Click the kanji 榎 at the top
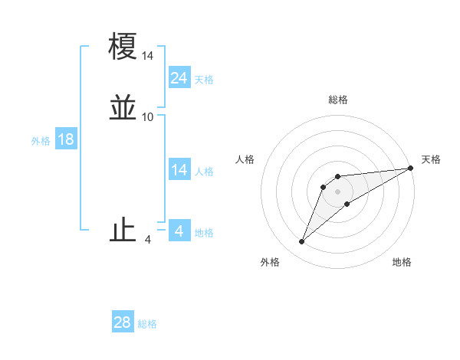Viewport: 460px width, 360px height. pos(123,47)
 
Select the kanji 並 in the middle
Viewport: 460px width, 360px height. pos(123,108)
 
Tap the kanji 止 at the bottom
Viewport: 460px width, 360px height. pos(123,231)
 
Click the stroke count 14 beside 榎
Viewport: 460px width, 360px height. pos(148,56)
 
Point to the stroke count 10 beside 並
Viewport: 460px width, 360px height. pos(148,117)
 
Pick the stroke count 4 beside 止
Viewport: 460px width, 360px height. pos(148,240)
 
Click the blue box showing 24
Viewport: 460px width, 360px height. pos(179,78)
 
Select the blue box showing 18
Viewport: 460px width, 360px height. pos(66,140)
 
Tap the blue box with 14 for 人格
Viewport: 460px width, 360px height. pos(179,171)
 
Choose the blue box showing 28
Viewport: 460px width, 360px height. pos(123,322)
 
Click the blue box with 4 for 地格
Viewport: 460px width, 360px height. pos(179,231)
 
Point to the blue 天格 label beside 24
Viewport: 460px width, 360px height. pos(204,80)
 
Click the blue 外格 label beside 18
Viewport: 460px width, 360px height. pos(41,141)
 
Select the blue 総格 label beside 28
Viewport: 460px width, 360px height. pos(147,324)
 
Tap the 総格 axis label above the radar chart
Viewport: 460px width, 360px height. pos(338,100)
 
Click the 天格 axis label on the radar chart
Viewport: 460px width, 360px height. pos(431,159)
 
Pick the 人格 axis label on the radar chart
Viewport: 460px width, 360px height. pos(245,159)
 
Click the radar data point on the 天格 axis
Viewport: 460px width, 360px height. pos(410,169)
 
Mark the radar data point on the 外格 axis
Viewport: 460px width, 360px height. pos(302,242)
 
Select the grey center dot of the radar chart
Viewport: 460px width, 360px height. pos(338,191)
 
